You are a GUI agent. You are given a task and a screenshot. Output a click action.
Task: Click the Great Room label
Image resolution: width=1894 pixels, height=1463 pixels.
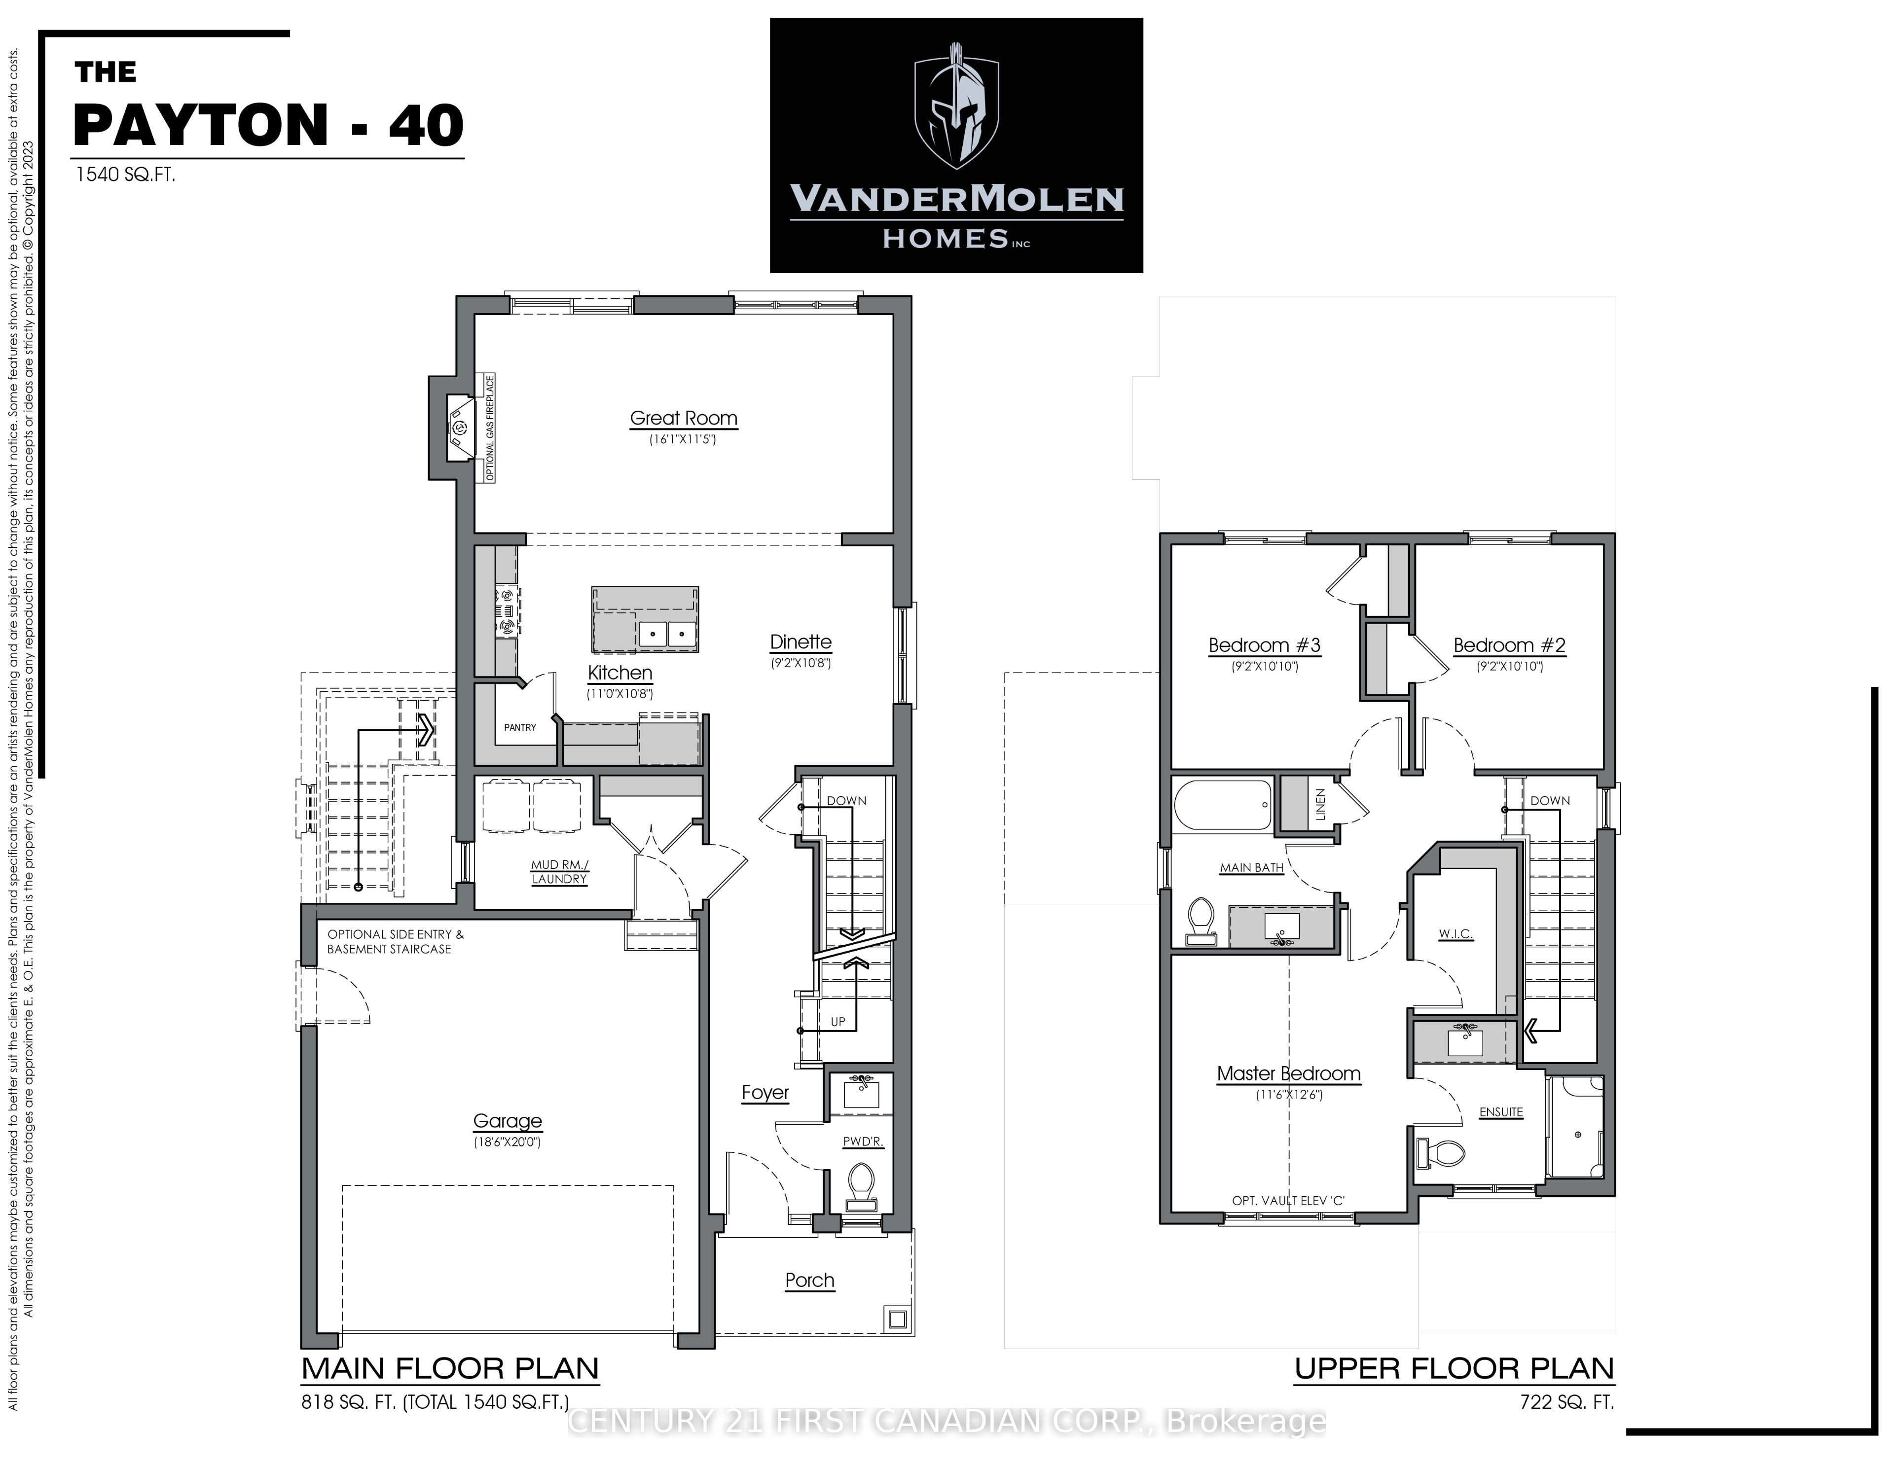[683, 418]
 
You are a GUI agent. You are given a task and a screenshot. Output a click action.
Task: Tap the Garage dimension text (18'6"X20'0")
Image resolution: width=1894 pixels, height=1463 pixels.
[508, 1142]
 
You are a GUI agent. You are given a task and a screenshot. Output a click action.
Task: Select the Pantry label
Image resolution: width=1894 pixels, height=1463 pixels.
[520, 728]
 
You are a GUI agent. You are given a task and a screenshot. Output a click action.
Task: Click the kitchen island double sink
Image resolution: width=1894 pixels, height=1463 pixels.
[668, 634]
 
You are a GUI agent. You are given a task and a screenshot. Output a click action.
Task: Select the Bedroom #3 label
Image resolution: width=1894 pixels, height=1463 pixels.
[1265, 645]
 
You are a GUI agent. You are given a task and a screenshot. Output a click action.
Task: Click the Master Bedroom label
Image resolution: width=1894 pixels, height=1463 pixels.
[1289, 1073]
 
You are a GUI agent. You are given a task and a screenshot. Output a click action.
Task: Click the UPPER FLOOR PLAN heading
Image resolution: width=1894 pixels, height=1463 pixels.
[1455, 1368]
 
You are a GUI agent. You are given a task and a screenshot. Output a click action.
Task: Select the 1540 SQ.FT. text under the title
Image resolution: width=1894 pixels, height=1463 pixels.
[126, 175]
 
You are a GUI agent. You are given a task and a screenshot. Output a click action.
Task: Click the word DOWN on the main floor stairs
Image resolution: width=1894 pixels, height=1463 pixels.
[846, 800]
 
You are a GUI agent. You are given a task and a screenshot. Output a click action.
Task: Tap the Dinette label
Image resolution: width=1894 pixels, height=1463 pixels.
[801, 642]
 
